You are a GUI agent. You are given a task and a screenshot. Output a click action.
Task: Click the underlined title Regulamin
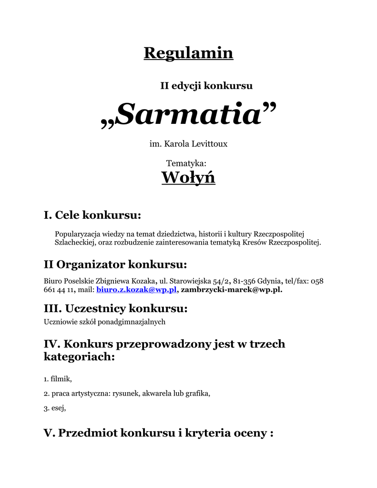click(188, 53)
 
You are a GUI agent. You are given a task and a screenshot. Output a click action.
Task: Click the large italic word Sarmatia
click(188, 115)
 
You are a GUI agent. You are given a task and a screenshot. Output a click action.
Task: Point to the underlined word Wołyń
click(188, 178)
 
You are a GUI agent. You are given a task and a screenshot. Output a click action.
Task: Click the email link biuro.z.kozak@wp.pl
click(136, 289)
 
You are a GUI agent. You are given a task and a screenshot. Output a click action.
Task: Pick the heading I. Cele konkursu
click(92, 215)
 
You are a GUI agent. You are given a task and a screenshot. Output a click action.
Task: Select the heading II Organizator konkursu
click(115, 264)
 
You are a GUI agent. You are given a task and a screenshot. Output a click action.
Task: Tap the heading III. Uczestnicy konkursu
click(116, 309)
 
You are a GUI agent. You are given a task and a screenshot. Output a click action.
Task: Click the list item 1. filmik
click(58, 379)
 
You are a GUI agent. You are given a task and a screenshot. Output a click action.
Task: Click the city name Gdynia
click(269, 281)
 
